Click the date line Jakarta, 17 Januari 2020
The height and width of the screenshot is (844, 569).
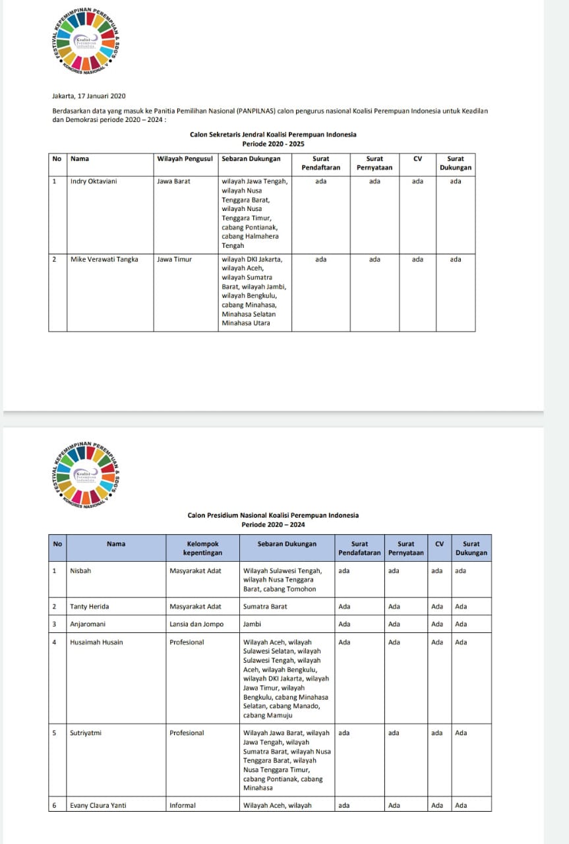pyautogui.click(x=88, y=96)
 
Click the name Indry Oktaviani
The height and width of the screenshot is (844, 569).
pyautogui.click(x=93, y=181)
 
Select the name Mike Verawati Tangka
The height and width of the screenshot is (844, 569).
pyautogui.click(x=104, y=259)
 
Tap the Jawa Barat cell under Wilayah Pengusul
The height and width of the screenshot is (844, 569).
pyautogui.click(x=173, y=181)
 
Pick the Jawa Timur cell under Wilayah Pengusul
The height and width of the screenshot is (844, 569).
pyautogui.click(x=174, y=259)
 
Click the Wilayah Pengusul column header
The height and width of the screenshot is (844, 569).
pyautogui.click(x=185, y=159)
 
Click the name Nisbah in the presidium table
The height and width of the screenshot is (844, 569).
pyautogui.click(x=80, y=571)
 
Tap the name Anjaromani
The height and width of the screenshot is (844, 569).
pyautogui.click(x=88, y=624)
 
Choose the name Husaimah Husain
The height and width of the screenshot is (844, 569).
pyautogui.click(x=96, y=642)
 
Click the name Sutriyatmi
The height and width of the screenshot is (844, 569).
pyautogui.click(x=86, y=733)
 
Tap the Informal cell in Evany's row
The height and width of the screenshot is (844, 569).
pyautogui.click(x=183, y=805)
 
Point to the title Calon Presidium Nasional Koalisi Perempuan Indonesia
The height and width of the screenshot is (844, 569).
pyautogui.click(x=273, y=516)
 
